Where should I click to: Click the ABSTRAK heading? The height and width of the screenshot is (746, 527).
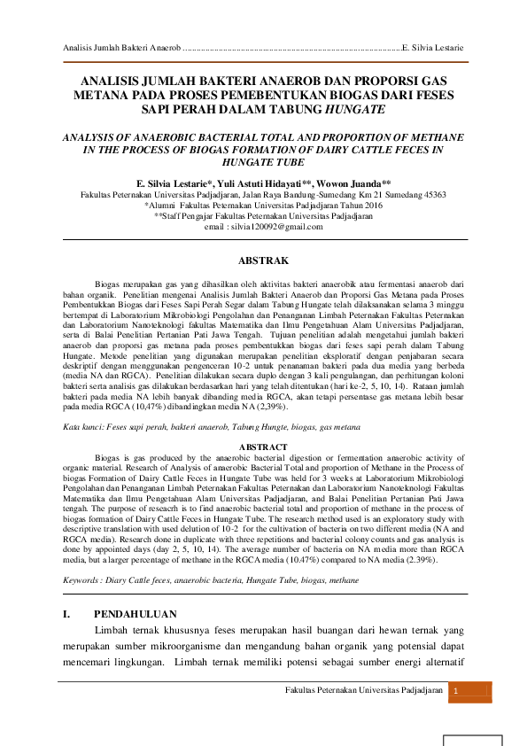click(263, 260)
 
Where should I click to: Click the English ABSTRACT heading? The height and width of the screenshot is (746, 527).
click(263, 446)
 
